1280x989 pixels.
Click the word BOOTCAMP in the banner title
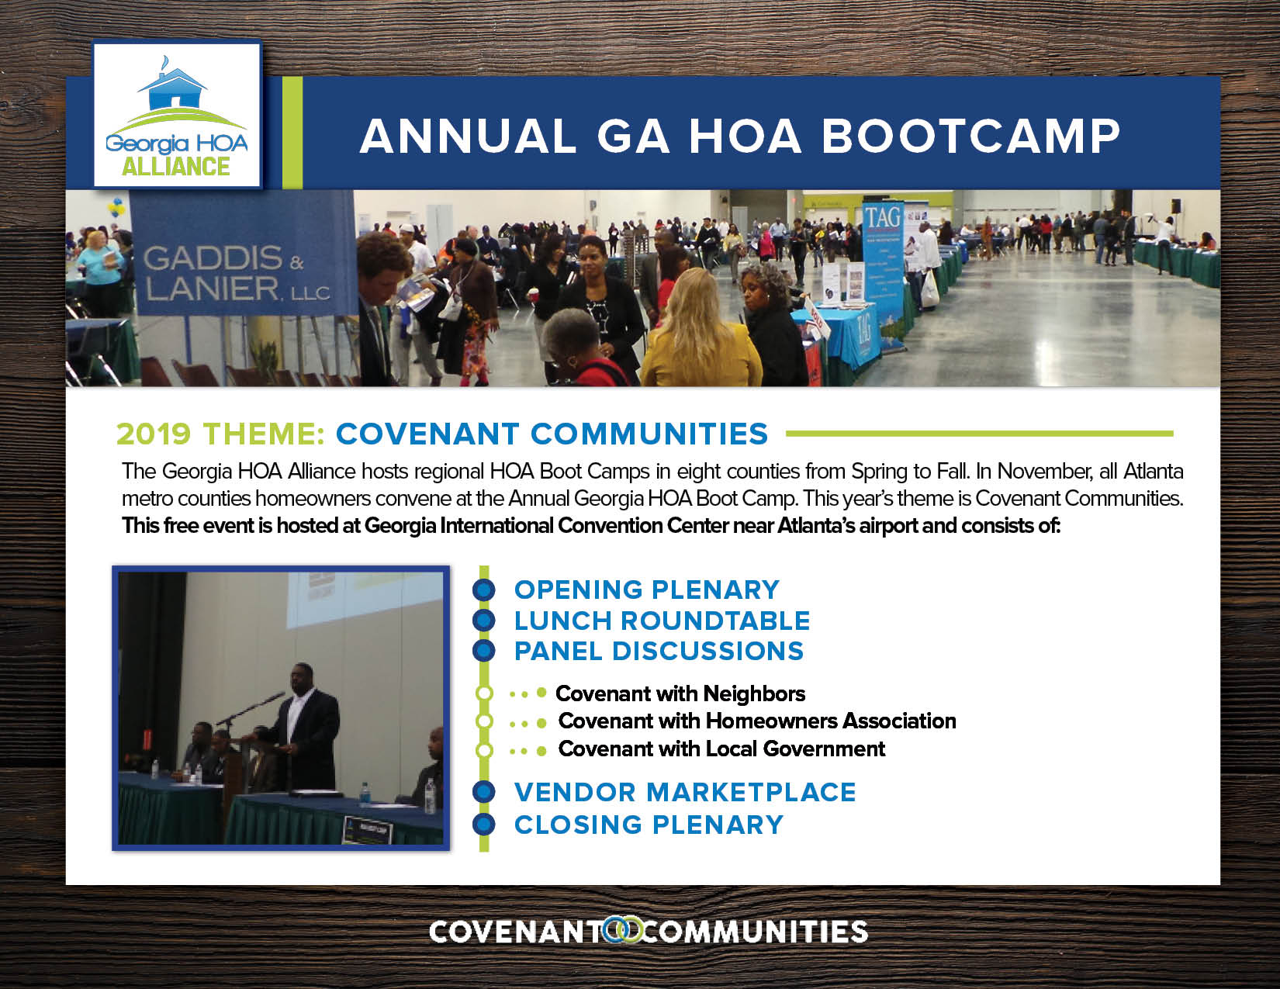point(970,136)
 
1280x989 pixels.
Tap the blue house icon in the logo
point(172,89)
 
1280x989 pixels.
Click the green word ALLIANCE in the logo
point(175,167)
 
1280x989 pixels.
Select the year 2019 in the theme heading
point(154,434)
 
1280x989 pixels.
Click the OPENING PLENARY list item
point(647,590)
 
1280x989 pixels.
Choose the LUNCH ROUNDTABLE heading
point(662,621)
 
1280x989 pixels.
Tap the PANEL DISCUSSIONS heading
point(659,651)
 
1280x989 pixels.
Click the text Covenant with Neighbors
point(680,694)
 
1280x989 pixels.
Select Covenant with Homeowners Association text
point(757,721)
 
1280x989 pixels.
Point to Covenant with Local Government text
point(721,749)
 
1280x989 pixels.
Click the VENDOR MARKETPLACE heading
point(685,792)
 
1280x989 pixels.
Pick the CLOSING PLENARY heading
point(649,825)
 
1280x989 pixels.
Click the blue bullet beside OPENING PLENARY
point(483,590)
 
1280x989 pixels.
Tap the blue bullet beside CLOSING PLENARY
point(483,825)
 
